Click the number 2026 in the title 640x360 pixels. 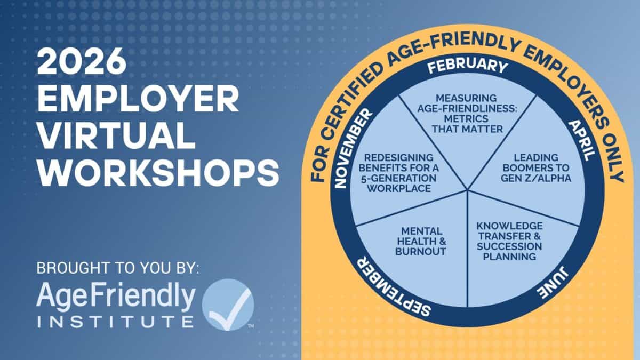pyautogui.click(x=82, y=61)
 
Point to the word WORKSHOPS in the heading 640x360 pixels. pyautogui.click(x=158, y=173)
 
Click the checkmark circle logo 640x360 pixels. pyautogui.click(x=228, y=305)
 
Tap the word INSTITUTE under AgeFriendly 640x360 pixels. pyautogui.click(x=116, y=321)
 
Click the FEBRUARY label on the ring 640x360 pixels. pyautogui.click(x=468, y=66)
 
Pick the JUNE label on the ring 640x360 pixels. pyautogui.click(x=553, y=283)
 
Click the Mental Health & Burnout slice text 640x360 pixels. pyautogui.click(x=421, y=242)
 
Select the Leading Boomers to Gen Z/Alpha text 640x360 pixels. pyautogui.click(x=536, y=168)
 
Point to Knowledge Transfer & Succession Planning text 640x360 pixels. pyautogui.click(x=509, y=242)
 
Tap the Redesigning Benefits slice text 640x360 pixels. pyautogui.click(x=399, y=173)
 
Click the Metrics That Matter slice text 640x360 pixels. pyautogui.click(x=467, y=114)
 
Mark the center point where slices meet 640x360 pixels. pyautogui.click(x=467, y=190)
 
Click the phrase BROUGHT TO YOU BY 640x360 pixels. pyautogui.click(x=118, y=268)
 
